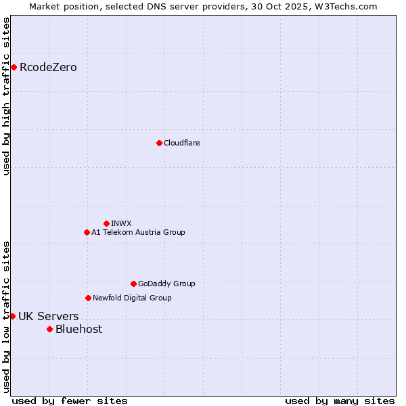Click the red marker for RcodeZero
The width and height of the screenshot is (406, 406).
click(14, 67)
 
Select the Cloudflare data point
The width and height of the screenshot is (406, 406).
click(159, 143)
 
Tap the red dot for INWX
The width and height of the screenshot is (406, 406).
click(106, 223)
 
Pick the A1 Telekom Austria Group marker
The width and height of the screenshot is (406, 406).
click(87, 232)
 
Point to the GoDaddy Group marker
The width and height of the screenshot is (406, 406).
click(133, 284)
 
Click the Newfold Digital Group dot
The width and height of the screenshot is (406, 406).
click(88, 298)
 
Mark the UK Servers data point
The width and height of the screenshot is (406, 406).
click(12, 316)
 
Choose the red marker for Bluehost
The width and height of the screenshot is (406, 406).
click(49, 329)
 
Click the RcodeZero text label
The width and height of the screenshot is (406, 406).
click(48, 67)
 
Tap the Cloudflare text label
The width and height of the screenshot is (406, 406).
click(181, 143)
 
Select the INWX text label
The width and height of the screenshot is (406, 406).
click(121, 223)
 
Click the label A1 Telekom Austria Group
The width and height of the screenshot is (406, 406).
click(138, 232)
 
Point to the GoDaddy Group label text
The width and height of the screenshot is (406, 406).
click(166, 284)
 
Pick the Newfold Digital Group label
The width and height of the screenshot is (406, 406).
click(132, 298)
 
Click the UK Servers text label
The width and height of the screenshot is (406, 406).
click(48, 316)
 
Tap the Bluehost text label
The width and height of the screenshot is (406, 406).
click(78, 329)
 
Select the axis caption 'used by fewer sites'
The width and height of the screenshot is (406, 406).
click(70, 401)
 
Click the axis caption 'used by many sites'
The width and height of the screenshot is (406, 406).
click(340, 401)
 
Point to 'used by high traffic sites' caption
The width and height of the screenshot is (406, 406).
click(6, 96)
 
